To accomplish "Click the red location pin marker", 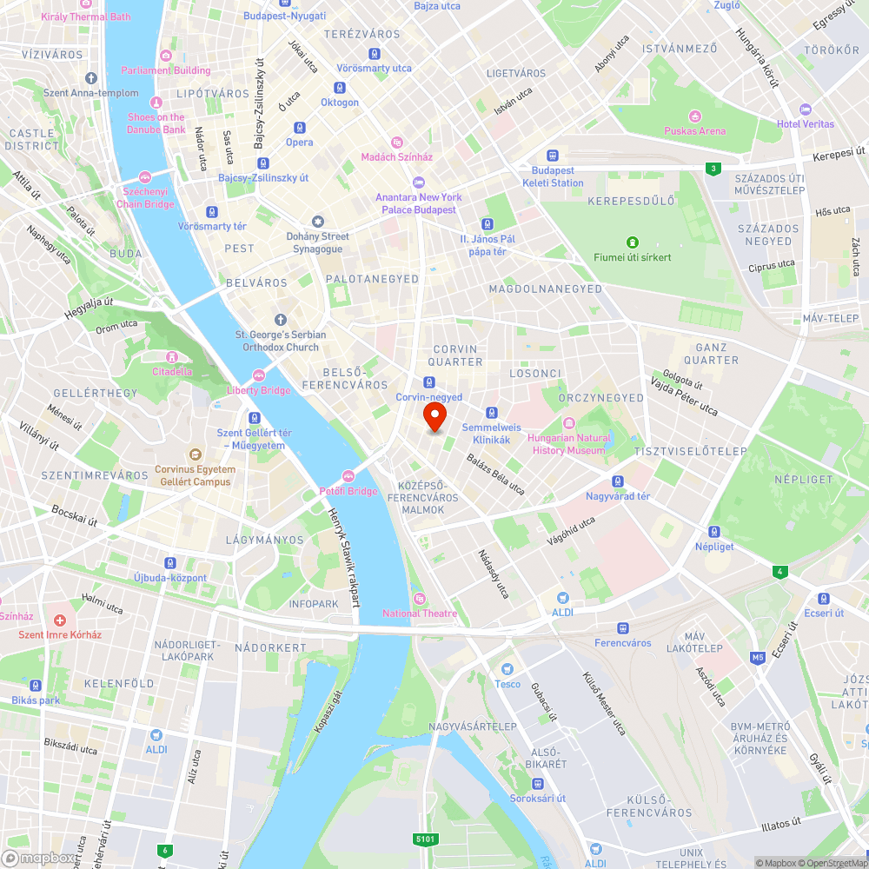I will [434, 416].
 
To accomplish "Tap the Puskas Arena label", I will [694, 131].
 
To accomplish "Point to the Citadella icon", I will [172, 356].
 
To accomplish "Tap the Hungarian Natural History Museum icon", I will [569, 423].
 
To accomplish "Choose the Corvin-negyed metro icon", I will [429, 382].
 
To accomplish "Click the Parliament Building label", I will [166, 70].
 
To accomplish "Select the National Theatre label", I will [420, 614].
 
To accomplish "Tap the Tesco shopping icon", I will [507, 669].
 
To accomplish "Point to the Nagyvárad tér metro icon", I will [618, 481].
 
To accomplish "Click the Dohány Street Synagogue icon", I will [318, 222].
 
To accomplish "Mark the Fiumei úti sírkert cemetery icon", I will [633, 242].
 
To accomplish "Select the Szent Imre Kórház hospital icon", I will [60, 620].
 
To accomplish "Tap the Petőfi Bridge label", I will [348, 491].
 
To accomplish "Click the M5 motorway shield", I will [758, 657].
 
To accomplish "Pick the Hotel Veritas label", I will [806, 123].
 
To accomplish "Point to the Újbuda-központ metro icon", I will [171, 563].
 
